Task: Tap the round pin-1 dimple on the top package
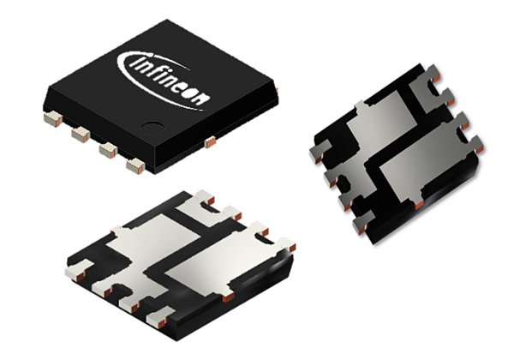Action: [x=153, y=130]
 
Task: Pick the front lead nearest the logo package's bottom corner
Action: [x=134, y=165]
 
